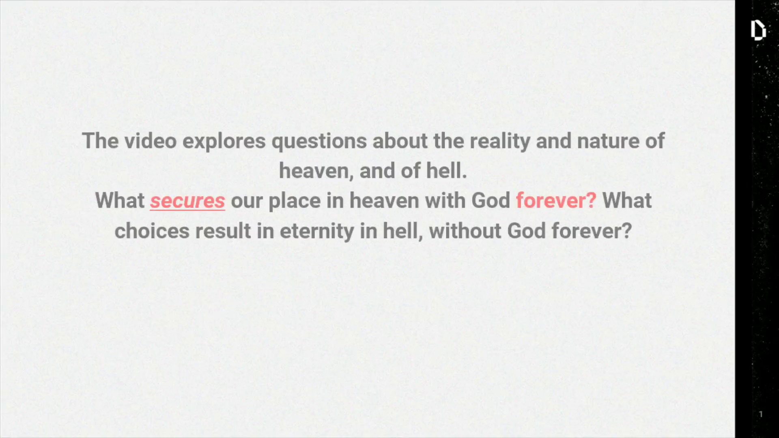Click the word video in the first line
click(x=151, y=141)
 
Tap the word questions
click(x=319, y=142)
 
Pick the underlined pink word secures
click(x=187, y=201)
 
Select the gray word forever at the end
click(x=592, y=231)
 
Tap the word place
click(x=295, y=202)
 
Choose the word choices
click(x=152, y=231)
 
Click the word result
click(x=223, y=231)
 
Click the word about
click(x=400, y=141)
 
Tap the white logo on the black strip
click(x=758, y=30)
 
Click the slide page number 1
click(x=761, y=414)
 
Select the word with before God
click(x=445, y=200)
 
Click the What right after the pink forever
click(x=627, y=200)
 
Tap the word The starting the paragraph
click(x=101, y=141)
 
